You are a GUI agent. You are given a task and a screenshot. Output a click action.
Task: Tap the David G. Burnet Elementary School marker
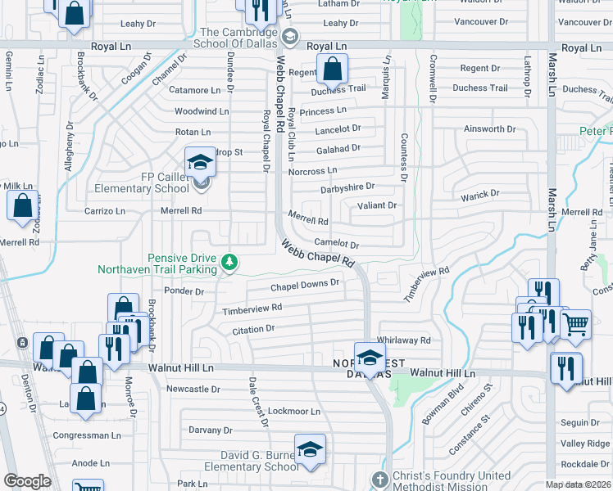(x=310, y=449)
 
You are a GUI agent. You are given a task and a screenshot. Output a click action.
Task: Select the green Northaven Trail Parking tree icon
(x=231, y=262)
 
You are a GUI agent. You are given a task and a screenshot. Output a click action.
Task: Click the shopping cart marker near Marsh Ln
(x=574, y=325)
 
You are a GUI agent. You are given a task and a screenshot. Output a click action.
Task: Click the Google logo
(x=27, y=481)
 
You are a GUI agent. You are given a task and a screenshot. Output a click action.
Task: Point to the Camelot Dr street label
(x=338, y=245)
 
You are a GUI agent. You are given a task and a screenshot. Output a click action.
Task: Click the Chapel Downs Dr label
(x=305, y=284)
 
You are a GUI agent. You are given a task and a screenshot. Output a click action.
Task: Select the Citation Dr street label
(x=252, y=329)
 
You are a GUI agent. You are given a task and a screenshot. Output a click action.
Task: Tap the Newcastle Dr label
(x=193, y=389)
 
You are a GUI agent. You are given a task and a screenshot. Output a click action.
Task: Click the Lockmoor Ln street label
(x=293, y=411)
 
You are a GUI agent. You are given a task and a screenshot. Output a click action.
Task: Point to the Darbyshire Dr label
(x=347, y=187)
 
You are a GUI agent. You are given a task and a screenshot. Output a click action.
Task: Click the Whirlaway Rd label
(x=403, y=340)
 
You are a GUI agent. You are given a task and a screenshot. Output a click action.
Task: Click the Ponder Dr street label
(x=183, y=291)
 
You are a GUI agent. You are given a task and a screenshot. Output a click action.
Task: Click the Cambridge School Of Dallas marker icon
(x=289, y=36)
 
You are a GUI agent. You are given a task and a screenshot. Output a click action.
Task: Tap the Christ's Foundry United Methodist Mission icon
(x=379, y=479)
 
